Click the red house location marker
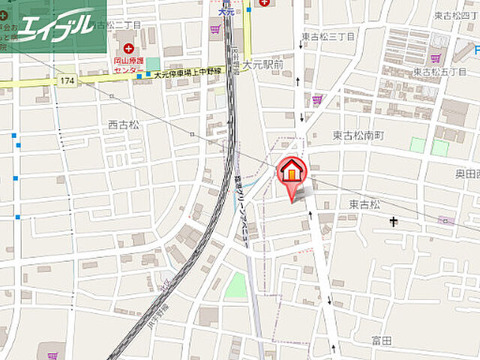pyautogui.click(x=292, y=172)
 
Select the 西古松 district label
pyautogui.click(x=123, y=125)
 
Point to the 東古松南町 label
pyautogui.click(x=358, y=136)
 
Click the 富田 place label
pyautogui.click(x=382, y=340)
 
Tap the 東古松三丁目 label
pyautogui.click(x=327, y=35)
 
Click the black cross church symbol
pyautogui.click(x=394, y=221)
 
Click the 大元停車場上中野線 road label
pyautogui.click(x=187, y=74)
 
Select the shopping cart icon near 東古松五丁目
pyautogui.click(x=435, y=58)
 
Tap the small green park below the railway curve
pyautogui.click(x=236, y=284)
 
